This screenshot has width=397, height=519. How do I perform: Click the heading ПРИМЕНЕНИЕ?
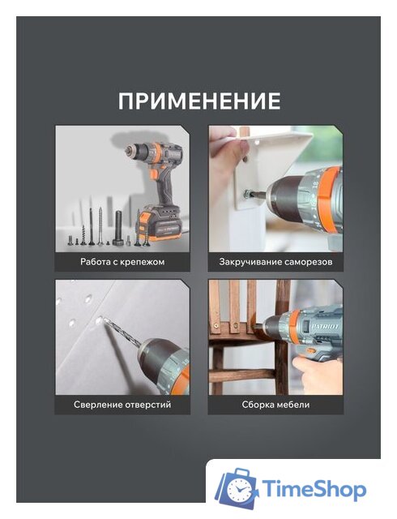199,101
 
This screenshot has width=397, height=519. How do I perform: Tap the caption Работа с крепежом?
122,262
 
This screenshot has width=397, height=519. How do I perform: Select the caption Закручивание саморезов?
275,262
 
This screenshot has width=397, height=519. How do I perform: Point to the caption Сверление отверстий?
122,405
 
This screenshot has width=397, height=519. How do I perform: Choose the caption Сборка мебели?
275,405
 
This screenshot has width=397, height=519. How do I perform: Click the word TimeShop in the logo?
314,489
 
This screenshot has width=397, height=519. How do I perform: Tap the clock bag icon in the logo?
237,488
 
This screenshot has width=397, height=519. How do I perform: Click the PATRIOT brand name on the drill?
325,327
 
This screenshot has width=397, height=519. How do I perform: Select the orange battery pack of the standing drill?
160,223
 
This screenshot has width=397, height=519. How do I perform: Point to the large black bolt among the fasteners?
119,228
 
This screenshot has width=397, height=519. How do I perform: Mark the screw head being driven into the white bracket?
247,193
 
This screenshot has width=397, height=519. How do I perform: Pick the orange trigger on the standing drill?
153,174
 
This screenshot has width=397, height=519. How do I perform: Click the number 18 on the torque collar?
315,183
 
